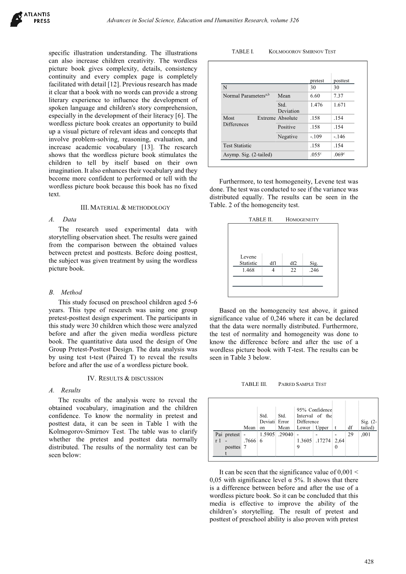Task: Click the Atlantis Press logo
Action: (30, 18)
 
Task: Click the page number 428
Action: (369, 562)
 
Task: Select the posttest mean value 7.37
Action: (338, 96)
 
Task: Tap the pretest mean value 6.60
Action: (315, 96)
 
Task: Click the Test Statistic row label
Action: (237, 146)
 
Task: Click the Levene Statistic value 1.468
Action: (248, 270)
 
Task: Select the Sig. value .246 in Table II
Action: (314, 270)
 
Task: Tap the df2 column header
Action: (293, 263)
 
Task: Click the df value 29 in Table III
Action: (350, 434)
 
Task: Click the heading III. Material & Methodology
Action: (125, 207)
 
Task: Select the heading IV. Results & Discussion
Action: (125, 378)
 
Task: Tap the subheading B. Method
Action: (65, 292)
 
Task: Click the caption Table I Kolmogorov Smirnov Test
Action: (284, 52)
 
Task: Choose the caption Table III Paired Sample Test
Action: (284, 384)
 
